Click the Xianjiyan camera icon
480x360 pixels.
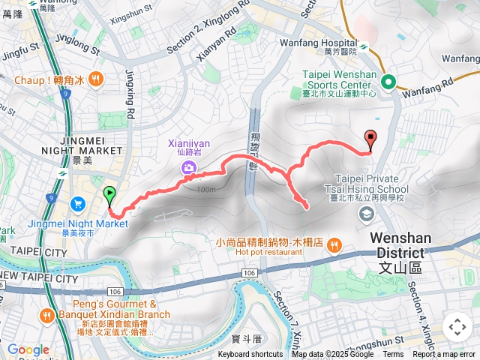tap(187, 167)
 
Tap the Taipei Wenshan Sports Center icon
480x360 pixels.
tap(388, 82)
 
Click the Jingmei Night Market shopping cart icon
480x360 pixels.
tap(78, 204)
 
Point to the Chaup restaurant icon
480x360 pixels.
tap(96, 78)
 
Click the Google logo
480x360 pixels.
tap(28, 349)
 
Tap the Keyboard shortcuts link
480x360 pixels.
tap(250, 355)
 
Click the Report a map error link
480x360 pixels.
tap(444, 355)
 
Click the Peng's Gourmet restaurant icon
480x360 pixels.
tap(48, 315)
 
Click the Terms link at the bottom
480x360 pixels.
tap(393, 355)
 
